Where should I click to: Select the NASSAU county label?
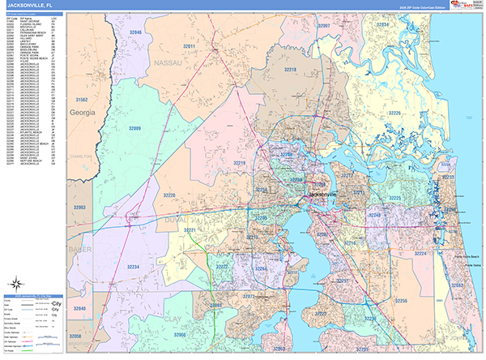[x=168, y=62]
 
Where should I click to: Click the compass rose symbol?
[x=17, y=285]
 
